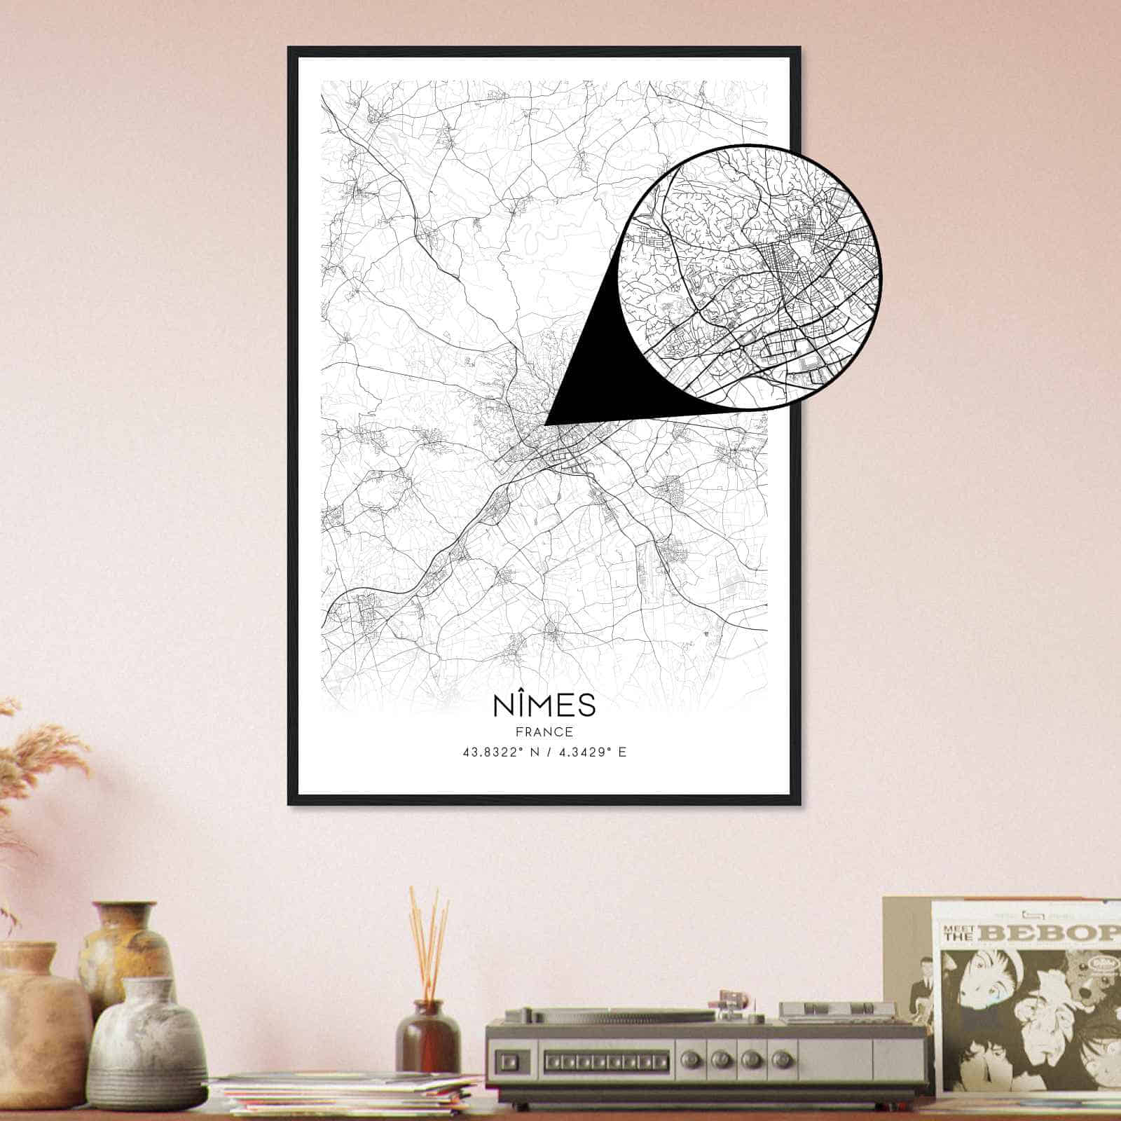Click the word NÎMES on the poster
[x=544, y=705]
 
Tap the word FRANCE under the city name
[x=544, y=732]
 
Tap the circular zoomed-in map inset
[x=750, y=277]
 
